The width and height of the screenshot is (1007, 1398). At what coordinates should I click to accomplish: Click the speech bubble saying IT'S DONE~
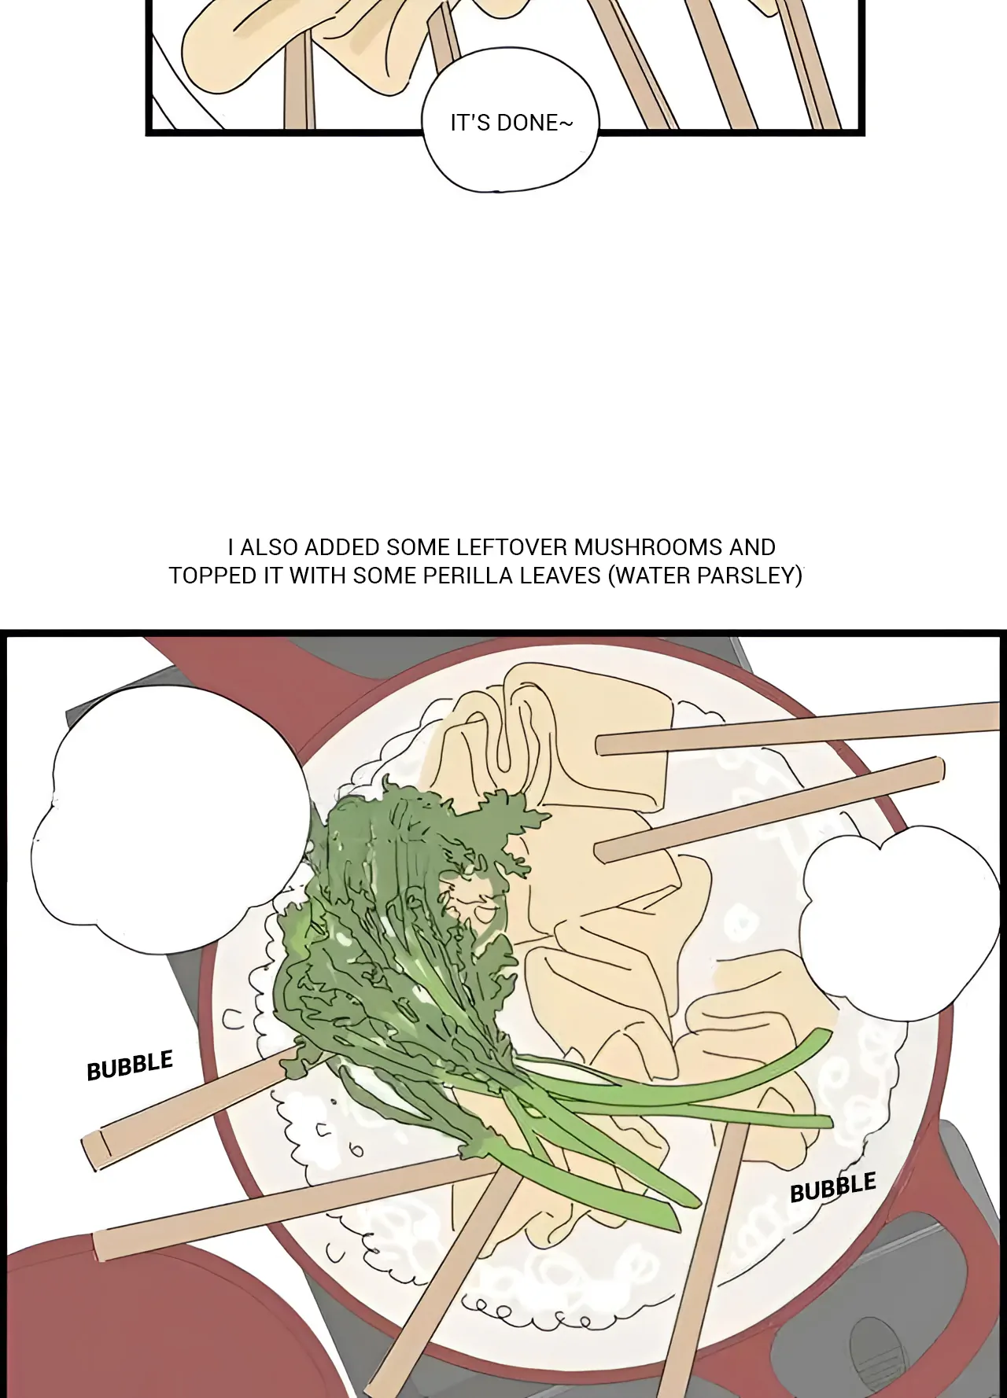(x=511, y=120)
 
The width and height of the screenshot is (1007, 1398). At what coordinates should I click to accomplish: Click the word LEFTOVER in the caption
(x=512, y=547)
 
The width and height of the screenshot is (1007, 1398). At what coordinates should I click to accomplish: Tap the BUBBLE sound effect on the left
(x=130, y=1065)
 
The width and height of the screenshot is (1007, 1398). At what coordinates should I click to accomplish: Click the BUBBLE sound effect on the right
(x=833, y=1187)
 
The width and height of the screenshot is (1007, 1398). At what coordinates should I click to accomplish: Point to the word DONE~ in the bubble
(x=535, y=123)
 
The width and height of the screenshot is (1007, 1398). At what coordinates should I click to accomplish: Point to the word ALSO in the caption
(x=268, y=547)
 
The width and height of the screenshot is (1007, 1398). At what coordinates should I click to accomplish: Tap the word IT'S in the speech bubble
(x=470, y=123)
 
